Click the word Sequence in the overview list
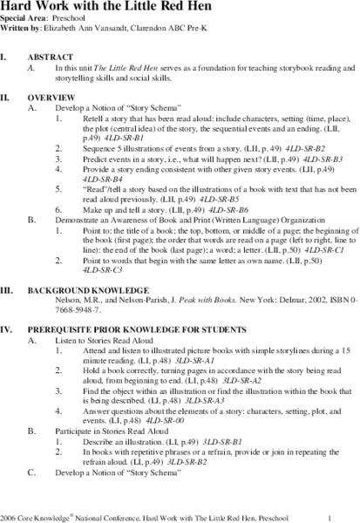pyautogui.click(x=101, y=148)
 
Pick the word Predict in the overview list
pyautogui.click(x=97, y=160)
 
